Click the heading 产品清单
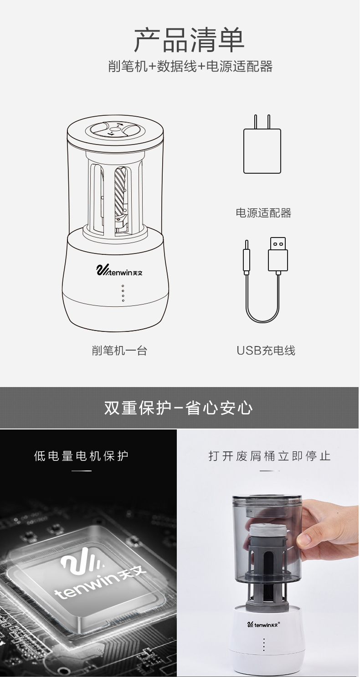[189, 40]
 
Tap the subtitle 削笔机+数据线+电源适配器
[190, 67]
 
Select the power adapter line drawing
[262, 150]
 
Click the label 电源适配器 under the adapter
[263, 213]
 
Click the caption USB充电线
[266, 351]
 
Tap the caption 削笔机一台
[119, 351]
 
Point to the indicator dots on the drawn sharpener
[123, 293]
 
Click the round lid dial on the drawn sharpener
[114, 130]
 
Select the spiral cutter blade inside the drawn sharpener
[120, 191]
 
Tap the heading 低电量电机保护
[82, 456]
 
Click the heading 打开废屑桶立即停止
[269, 456]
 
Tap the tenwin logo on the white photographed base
[263, 624]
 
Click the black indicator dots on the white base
[264, 645]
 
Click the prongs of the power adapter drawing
[262, 121]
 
